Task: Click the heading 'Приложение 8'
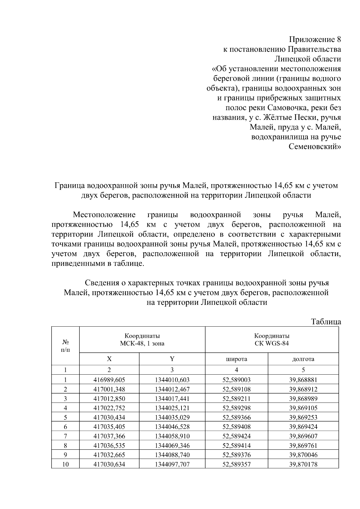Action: tap(315, 40)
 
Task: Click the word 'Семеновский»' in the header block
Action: tap(315, 147)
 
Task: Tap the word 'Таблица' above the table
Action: tap(326, 322)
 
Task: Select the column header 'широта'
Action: tap(236, 359)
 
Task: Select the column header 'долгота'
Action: tap(303, 359)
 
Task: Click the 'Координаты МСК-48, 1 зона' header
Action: tap(142, 340)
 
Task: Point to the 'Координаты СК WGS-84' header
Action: tap(272, 340)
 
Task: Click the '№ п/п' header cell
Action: tap(65, 346)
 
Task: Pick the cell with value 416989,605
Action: tap(109, 380)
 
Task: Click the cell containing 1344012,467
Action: tap(172, 389)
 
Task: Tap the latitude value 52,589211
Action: tap(236, 399)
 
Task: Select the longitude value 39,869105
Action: tap(303, 408)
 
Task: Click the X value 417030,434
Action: tap(109, 417)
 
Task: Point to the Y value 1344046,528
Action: tap(172, 427)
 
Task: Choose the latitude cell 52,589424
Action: tap(236, 436)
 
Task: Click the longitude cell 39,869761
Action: tap(303, 445)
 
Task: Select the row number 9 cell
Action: tap(65, 455)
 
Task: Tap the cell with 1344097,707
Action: tap(172, 464)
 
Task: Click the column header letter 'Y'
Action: tap(172, 359)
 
